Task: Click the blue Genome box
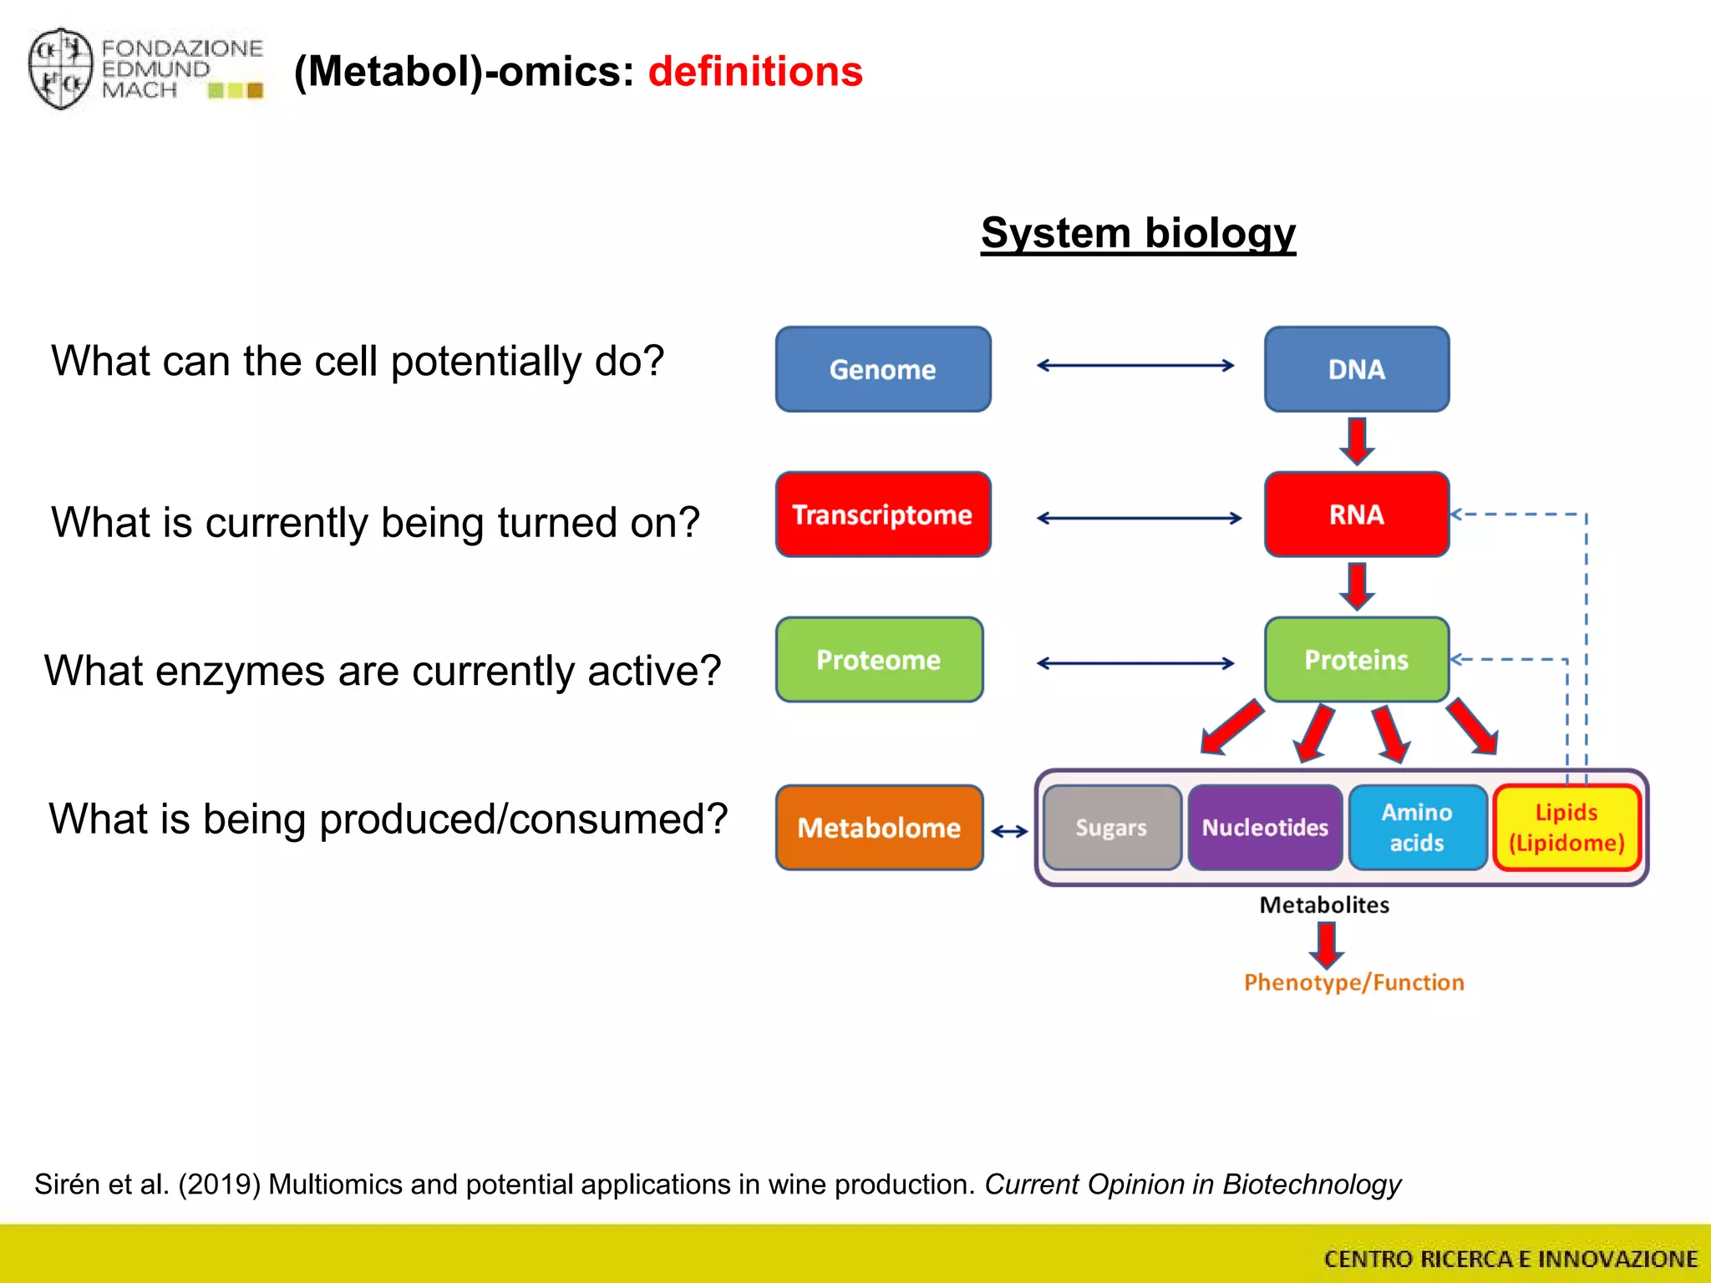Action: pos(883,369)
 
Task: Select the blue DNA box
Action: pos(1356,369)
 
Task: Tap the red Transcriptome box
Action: pos(883,515)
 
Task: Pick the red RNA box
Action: pos(1356,515)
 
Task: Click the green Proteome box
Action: pos(879,660)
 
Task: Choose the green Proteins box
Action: pos(1356,660)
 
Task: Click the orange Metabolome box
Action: pos(879,828)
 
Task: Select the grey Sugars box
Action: pos(1111,828)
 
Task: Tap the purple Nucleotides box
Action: pos(1265,828)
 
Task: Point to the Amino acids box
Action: pos(1417,828)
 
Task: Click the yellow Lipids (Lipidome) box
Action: pos(1566,828)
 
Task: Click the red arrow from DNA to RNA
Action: pos(1357,441)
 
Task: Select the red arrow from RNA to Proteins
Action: pos(1357,586)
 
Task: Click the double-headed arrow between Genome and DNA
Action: pos(1135,365)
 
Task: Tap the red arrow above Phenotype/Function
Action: pos(1326,945)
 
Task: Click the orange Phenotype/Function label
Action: pos(1353,982)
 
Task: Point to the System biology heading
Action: pos(1138,233)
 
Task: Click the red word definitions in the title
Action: pos(755,72)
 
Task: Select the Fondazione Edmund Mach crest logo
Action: pos(60,68)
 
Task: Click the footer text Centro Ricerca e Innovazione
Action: pos(1510,1259)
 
